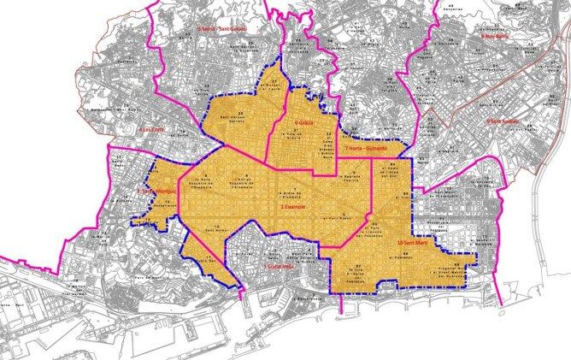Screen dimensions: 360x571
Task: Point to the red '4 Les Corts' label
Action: (152, 129)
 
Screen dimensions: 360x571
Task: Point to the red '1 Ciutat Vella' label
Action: (280, 268)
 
